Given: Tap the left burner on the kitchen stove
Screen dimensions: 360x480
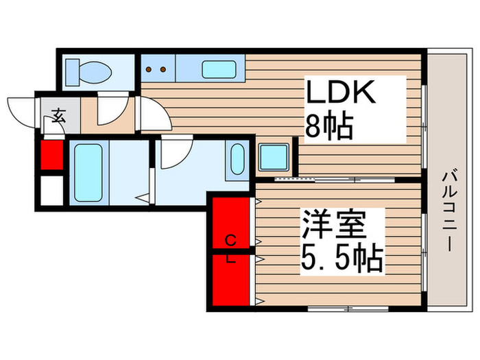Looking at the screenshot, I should (150, 69).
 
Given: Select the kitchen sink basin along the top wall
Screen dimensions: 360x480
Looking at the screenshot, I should (219, 70).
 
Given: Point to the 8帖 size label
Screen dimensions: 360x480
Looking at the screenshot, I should (328, 126).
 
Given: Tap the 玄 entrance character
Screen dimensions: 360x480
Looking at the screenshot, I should (58, 116).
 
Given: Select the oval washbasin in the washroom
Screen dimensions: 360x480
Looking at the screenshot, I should (237, 159).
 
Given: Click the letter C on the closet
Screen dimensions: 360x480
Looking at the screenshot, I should (232, 239).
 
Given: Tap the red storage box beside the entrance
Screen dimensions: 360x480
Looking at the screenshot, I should (52, 154).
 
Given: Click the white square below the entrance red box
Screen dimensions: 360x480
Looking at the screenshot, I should (52, 190).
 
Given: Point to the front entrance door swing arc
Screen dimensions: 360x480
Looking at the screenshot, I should (21, 110).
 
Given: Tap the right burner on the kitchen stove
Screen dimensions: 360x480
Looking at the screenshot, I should (163, 69).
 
